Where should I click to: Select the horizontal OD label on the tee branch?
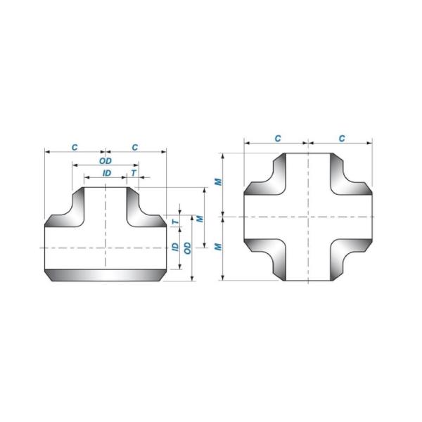pos(105,161)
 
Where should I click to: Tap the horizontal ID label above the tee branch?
pos(105,172)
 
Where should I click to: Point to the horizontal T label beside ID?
pos(133,172)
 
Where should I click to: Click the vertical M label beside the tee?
pos(200,219)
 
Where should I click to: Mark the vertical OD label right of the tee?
pos(187,248)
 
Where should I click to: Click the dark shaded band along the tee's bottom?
pos(105,274)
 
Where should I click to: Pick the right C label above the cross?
pos(340,139)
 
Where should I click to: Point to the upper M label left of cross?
pos(219,182)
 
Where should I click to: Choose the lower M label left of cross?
pos(219,247)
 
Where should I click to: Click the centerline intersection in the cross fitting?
pos(307,217)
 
